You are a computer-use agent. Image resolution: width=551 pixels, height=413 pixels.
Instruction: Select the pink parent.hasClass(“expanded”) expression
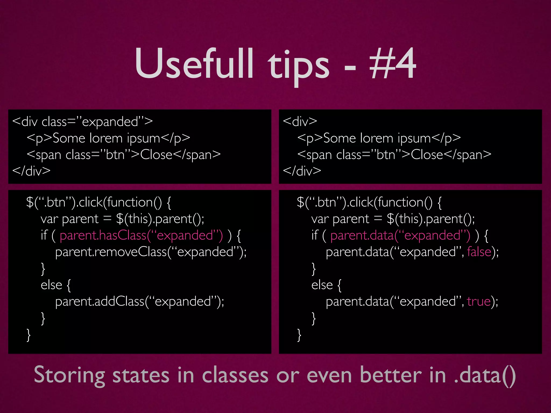point(141,236)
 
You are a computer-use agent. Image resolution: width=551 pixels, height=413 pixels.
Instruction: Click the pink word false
point(479,252)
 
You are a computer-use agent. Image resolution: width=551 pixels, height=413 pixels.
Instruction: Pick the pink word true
point(479,301)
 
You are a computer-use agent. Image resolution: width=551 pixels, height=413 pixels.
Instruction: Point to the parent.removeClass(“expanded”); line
point(151,252)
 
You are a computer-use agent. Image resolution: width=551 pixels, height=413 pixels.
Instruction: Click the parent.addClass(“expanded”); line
point(139,301)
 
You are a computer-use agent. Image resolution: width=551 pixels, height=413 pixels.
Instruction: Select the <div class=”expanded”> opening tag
point(82,122)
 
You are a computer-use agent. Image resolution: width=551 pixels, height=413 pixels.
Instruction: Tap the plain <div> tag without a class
point(300,122)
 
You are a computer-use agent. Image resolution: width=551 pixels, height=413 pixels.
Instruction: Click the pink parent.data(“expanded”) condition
point(400,236)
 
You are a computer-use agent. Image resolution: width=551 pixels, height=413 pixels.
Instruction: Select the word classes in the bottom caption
point(235,375)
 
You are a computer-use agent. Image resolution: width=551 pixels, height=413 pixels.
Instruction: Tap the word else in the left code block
point(51,285)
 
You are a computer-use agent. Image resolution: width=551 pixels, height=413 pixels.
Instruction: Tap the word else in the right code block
point(322,285)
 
